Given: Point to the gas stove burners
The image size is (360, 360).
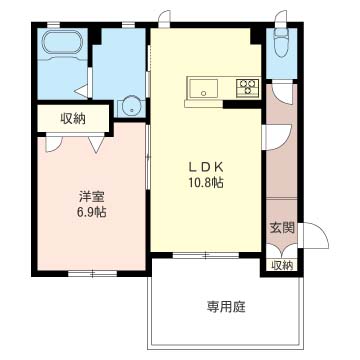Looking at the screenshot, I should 246,87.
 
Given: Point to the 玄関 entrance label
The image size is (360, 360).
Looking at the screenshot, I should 282,228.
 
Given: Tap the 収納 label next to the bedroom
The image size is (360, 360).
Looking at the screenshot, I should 73,118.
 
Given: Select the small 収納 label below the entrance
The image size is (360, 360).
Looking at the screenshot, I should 282,265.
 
